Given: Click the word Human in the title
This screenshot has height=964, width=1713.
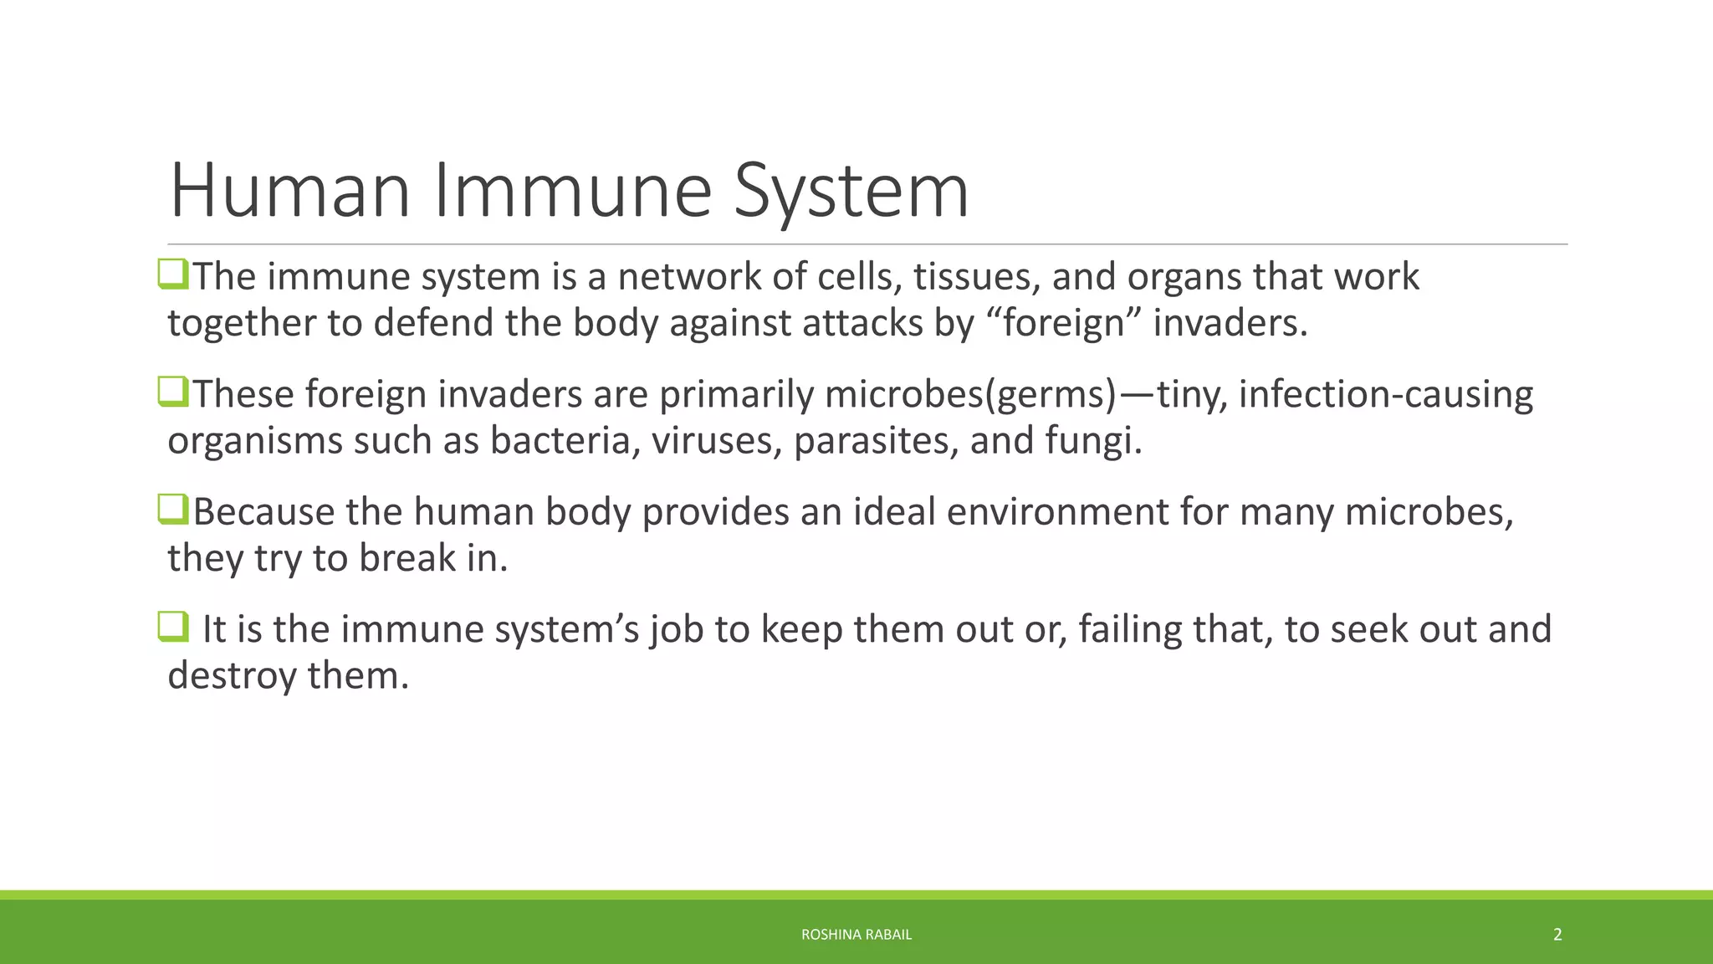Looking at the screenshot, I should pos(289,191).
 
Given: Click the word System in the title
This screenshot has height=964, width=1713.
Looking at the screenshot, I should pos(851,192).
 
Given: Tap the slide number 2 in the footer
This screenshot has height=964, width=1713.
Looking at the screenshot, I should pos(1557,934).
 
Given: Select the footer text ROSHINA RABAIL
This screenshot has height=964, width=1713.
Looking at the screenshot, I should pos(856,934).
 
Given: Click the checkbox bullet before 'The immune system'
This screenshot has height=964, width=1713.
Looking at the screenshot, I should pos(173,274).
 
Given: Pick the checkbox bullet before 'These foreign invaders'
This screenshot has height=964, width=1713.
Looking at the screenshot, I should pos(173,392).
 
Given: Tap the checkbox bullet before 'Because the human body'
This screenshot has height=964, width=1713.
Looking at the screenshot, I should pos(173,510).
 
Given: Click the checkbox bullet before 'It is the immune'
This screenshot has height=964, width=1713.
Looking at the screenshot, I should pos(173,627).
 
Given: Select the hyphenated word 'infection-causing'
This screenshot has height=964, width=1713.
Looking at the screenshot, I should pos(1385,395).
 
